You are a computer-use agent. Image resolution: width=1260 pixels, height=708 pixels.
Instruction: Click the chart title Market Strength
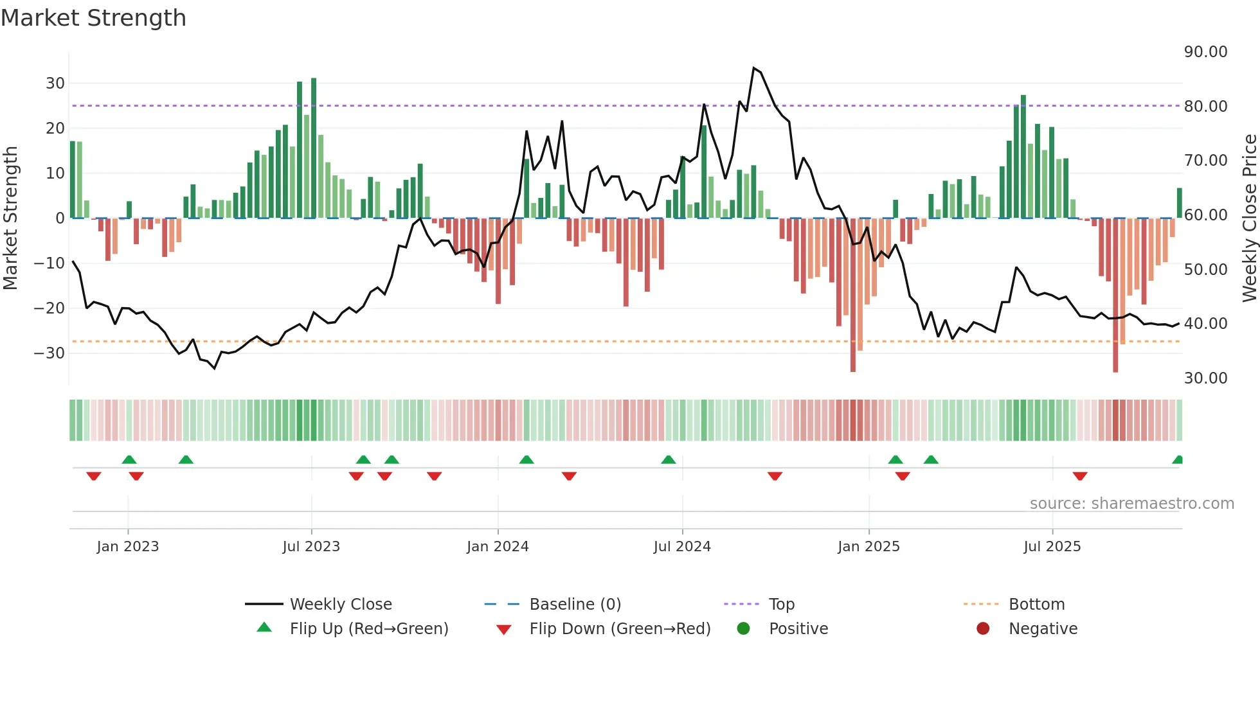pyautogui.click(x=93, y=18)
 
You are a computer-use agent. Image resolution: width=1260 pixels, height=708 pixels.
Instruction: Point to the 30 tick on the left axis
pyautogui.click(x=55, y=83)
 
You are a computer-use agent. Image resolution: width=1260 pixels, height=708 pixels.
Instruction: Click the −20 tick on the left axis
pyautogui.click(x=50, y=308)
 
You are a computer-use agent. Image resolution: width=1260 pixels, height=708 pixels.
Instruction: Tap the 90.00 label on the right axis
pyautogui.click(x=1205, y=52)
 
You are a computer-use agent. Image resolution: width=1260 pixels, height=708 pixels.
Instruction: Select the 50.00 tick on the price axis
pyautogui.click(x=1205, y=269)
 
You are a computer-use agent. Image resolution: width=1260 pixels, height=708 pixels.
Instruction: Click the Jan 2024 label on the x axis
pyautogui.click(x=498, y=547)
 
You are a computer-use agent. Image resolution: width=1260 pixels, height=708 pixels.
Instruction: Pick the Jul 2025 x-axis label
pyautogui.click(x=1052, y=547)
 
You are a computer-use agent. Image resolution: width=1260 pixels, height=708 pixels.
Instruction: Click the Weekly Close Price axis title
pyautogui.click(x=1249, y=218)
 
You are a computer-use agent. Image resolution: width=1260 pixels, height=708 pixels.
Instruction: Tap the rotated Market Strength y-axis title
pyautogui.click(x=11, y=218)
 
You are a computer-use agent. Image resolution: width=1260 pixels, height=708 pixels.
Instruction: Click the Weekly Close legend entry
pyautogui.click(x=340, y=605)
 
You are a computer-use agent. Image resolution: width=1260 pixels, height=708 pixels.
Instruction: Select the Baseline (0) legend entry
pyautogui.click(x=575, y=605)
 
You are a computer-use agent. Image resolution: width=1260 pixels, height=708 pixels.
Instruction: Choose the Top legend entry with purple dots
pyautogui.click(x=781, y=605)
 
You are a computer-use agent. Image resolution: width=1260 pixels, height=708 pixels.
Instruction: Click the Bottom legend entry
pyautogui.click(x=1036, y=605)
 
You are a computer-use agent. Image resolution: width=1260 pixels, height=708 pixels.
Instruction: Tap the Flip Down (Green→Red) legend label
pyautogui.click(x=620, y=629)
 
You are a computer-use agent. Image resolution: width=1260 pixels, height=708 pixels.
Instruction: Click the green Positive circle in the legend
pyautogui.click(x=744, y=629)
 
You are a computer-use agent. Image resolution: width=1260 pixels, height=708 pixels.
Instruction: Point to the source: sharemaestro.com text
pyautogui.click(x=1131, y=504)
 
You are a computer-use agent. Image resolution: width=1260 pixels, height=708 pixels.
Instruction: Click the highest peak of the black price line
pyautogui.click(x=753, y=68)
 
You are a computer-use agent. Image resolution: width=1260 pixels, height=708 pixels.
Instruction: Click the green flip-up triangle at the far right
pyautogui.click(x=1178, y=460)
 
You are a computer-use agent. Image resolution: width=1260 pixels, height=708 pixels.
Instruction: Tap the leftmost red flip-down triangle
pyautogui.click(x=94, y=476)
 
